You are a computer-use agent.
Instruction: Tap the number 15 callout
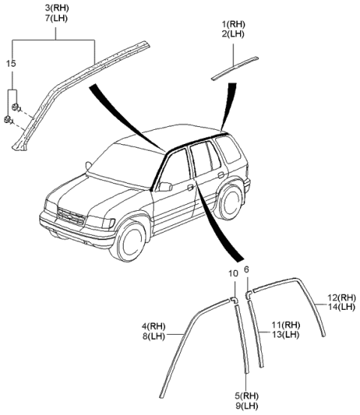pos(10,64)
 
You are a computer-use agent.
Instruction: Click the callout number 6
pos(247,269)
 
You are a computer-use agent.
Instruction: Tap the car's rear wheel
pos(226,203)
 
